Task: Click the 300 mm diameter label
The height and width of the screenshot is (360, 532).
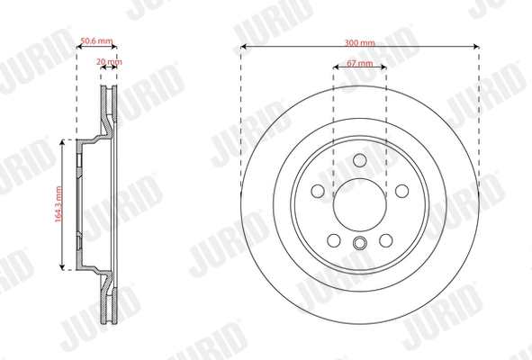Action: point(360,41)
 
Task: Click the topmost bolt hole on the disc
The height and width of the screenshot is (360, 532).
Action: point(360,160)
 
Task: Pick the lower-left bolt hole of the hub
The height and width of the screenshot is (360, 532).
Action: point(333,240)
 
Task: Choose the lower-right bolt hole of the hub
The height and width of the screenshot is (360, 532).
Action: point(387,240)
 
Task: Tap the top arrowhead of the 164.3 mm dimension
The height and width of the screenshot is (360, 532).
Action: point(62,140)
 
